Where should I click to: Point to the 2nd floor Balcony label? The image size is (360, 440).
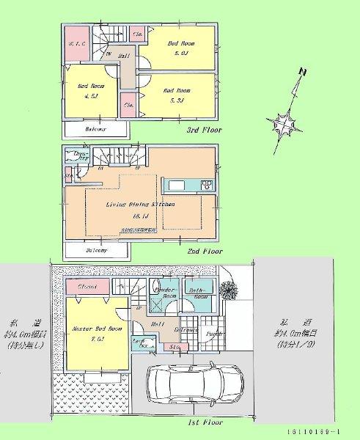pyautogui.click(x=96, y=251)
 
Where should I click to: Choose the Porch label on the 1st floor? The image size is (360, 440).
pyautogui.click(x=216, y=336)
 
